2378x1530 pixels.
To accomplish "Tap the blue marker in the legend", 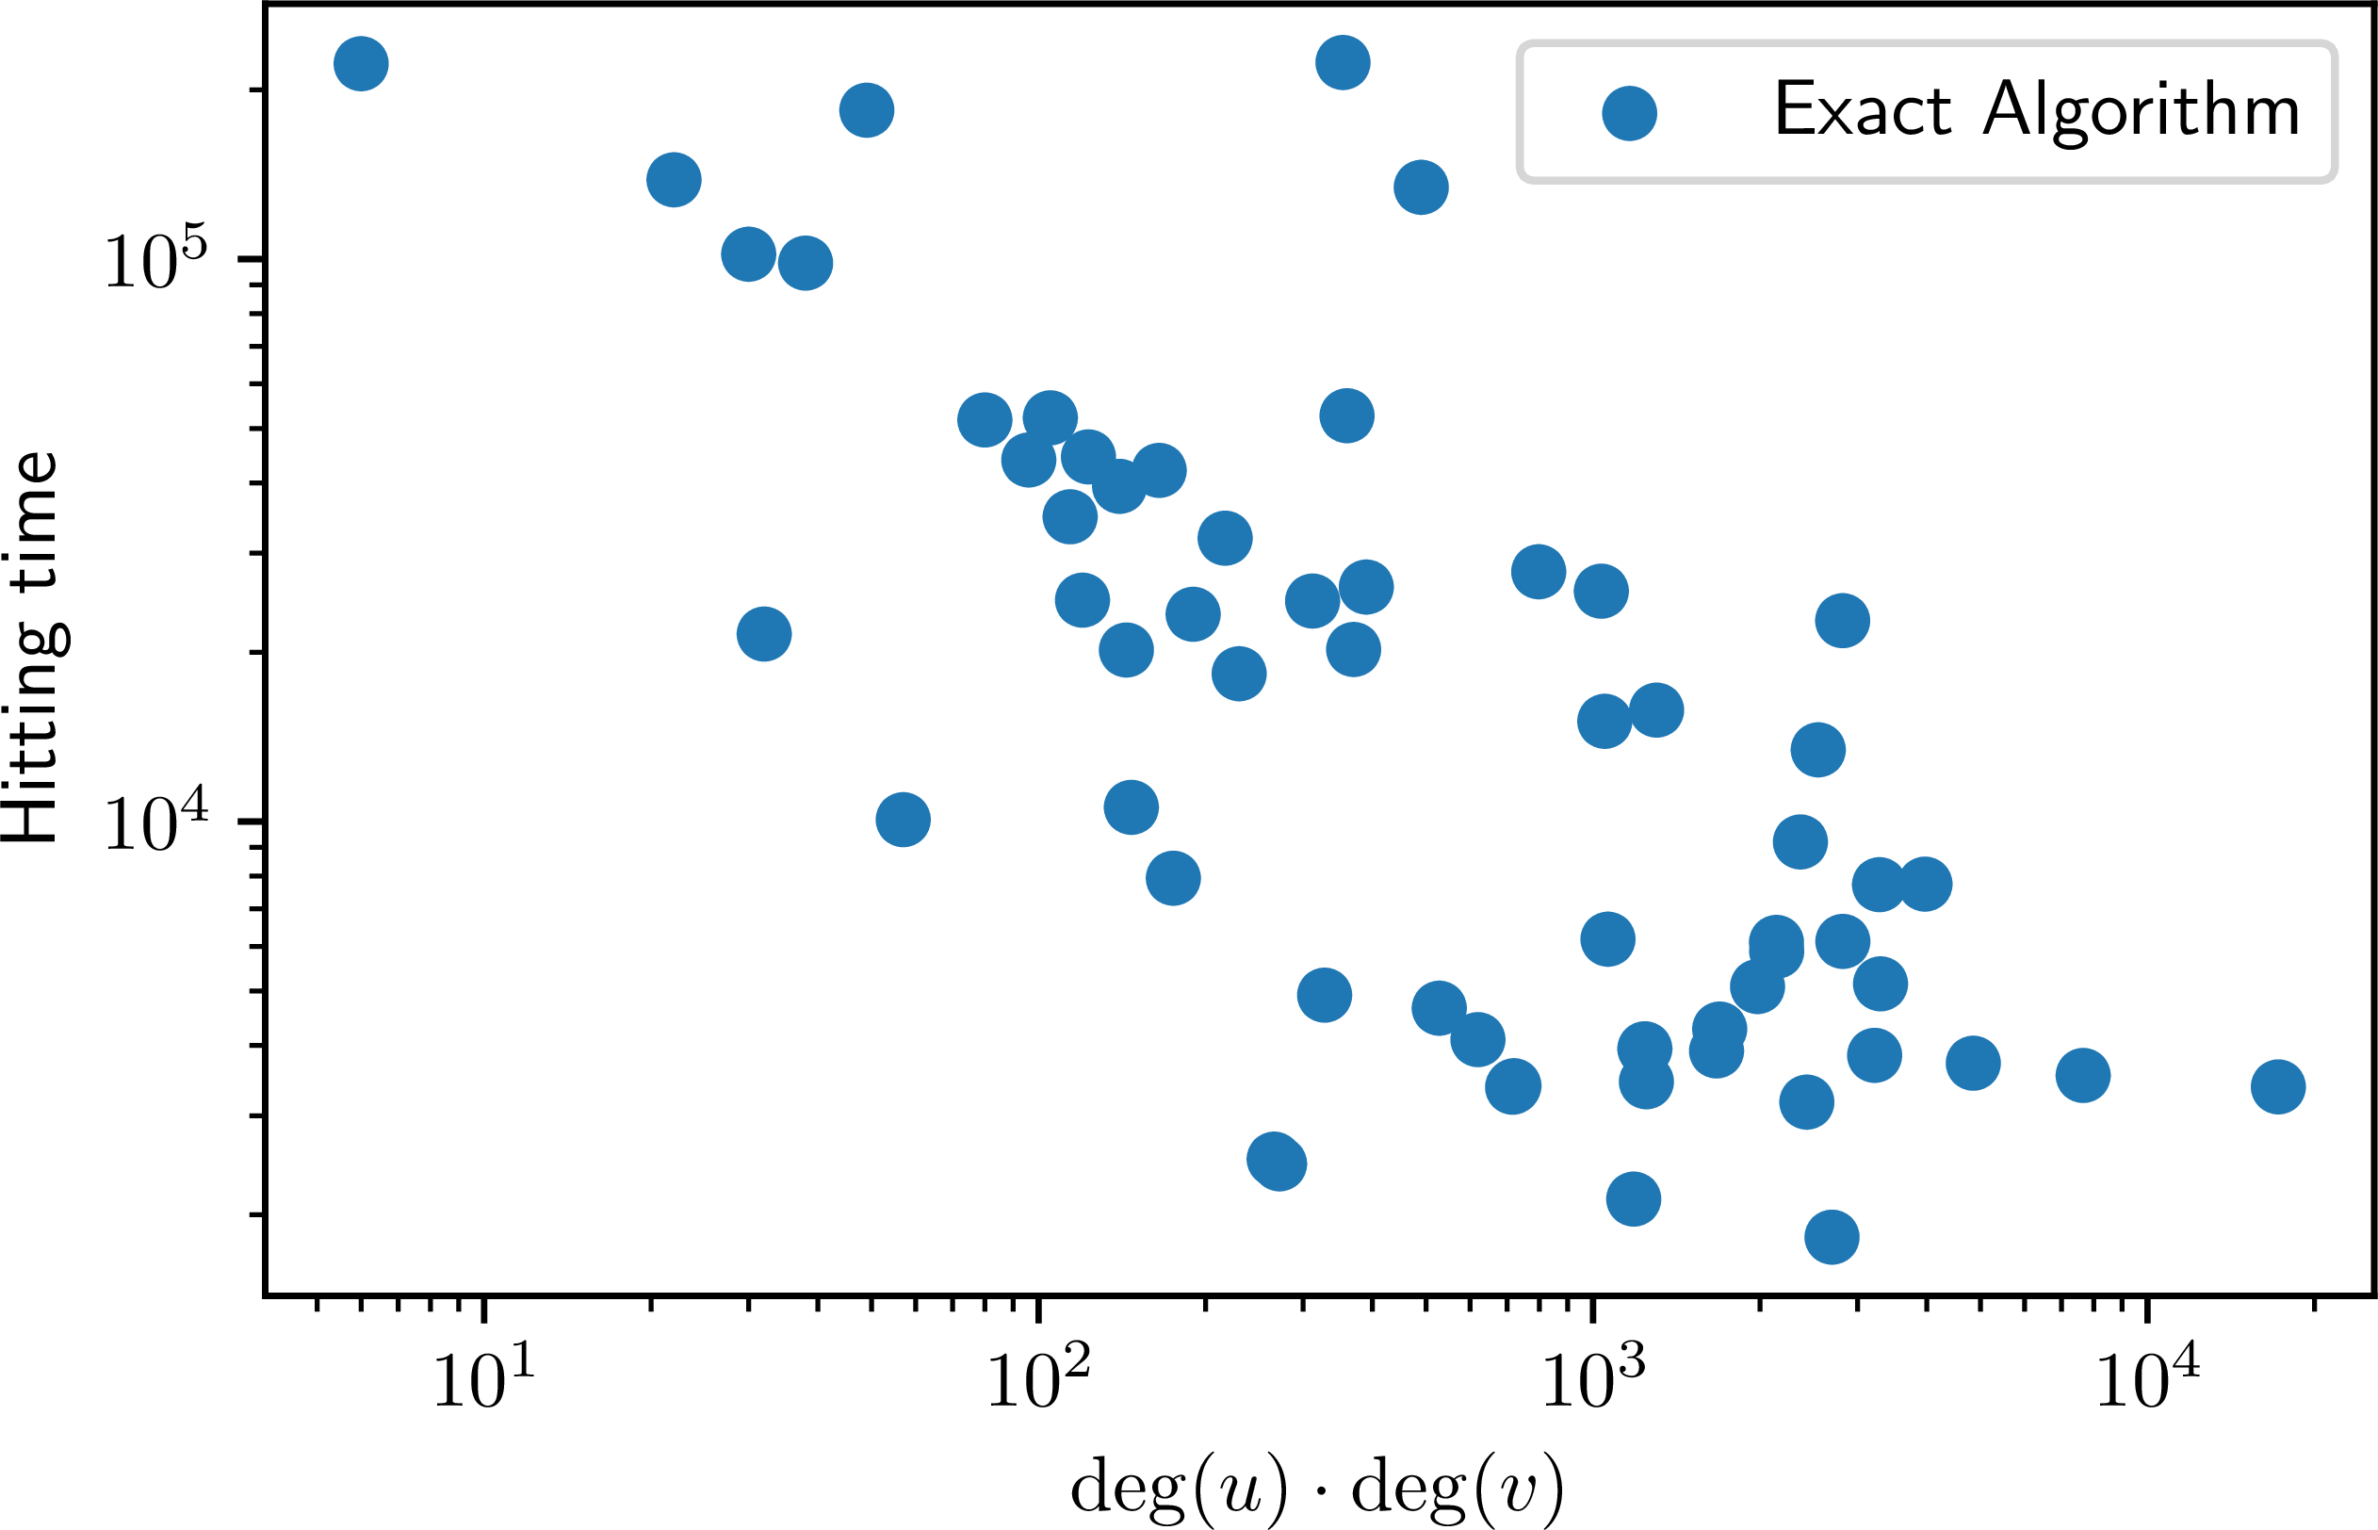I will click(x=1629, y=113).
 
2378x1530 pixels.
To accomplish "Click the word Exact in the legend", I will click(x=1862, y=109).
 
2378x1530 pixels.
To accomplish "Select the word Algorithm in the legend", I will click(x=2141, y=111).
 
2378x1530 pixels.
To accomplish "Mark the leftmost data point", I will click(x=361, y=63).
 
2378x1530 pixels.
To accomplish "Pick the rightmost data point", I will click(x=2278, y=1087).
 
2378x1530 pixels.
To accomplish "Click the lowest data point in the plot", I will click(x=1832, y=1237).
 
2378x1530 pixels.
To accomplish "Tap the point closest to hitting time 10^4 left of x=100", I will click(x=903, y=820).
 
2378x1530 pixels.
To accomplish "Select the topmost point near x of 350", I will click(x=1343, y=62).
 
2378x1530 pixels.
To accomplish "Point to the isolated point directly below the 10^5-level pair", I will click(x=764, y=634).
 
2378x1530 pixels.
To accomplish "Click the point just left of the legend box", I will click(x=1421, y=187).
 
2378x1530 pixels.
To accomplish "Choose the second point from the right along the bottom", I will click(x=2083, y=1075).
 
